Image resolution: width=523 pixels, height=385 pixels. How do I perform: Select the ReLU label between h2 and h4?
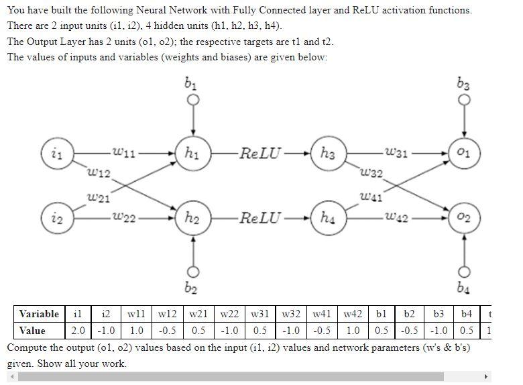click(261, 218)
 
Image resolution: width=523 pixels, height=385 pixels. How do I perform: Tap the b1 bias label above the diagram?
click(192, 86)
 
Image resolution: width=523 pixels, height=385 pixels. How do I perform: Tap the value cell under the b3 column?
click(440, 331)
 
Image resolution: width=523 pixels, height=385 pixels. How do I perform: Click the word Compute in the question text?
click(27, 348)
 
